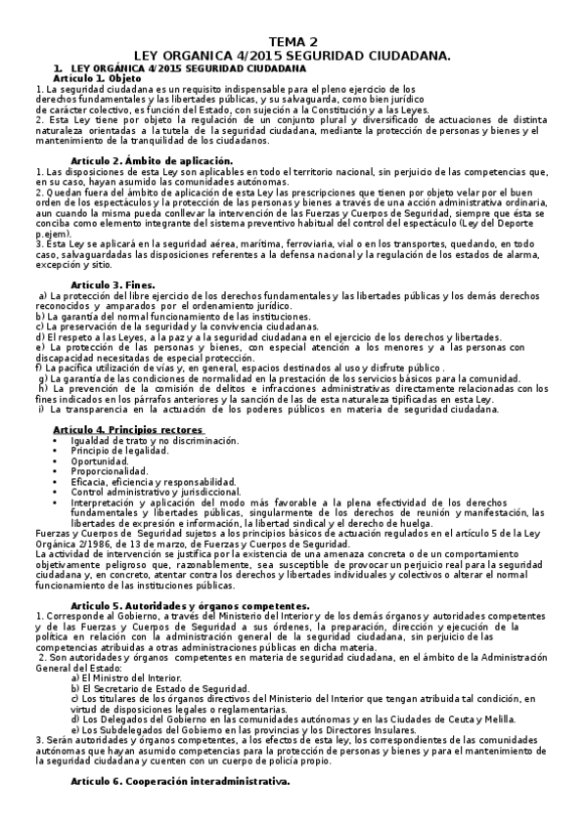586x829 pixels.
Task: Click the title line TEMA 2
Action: pyautogui.click(x=293, y=42)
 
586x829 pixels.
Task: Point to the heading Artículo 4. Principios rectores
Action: pyautogui.click(x=128, y=429)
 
